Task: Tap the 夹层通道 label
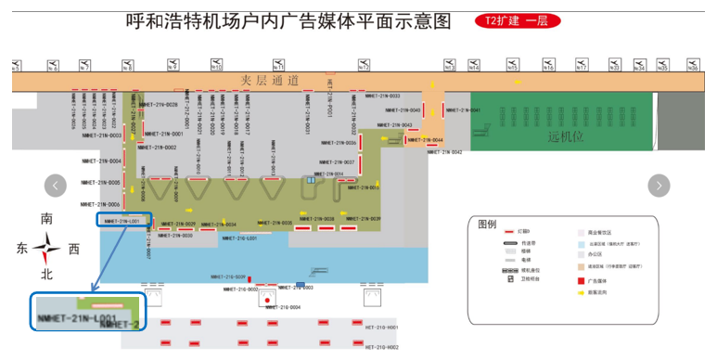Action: tap(270, 81)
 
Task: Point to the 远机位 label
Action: tap(565, 136)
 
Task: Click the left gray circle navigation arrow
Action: tap(56, 186)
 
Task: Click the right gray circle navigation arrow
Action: tap(659, 186)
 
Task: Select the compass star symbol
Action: tap(46, 248)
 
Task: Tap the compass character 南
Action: tap(46, 220)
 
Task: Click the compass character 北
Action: tap(46, 275)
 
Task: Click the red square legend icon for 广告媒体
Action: tap(579, 278)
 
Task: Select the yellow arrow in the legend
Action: tap(579, 291)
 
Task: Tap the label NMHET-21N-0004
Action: tap(101, 161)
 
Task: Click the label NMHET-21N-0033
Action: tap(382, 96)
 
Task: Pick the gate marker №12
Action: tap(365, 66)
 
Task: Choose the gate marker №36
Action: tap(692, 66)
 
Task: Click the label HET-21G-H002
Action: tap(380, 347)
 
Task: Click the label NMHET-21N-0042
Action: tap(444, 152)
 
